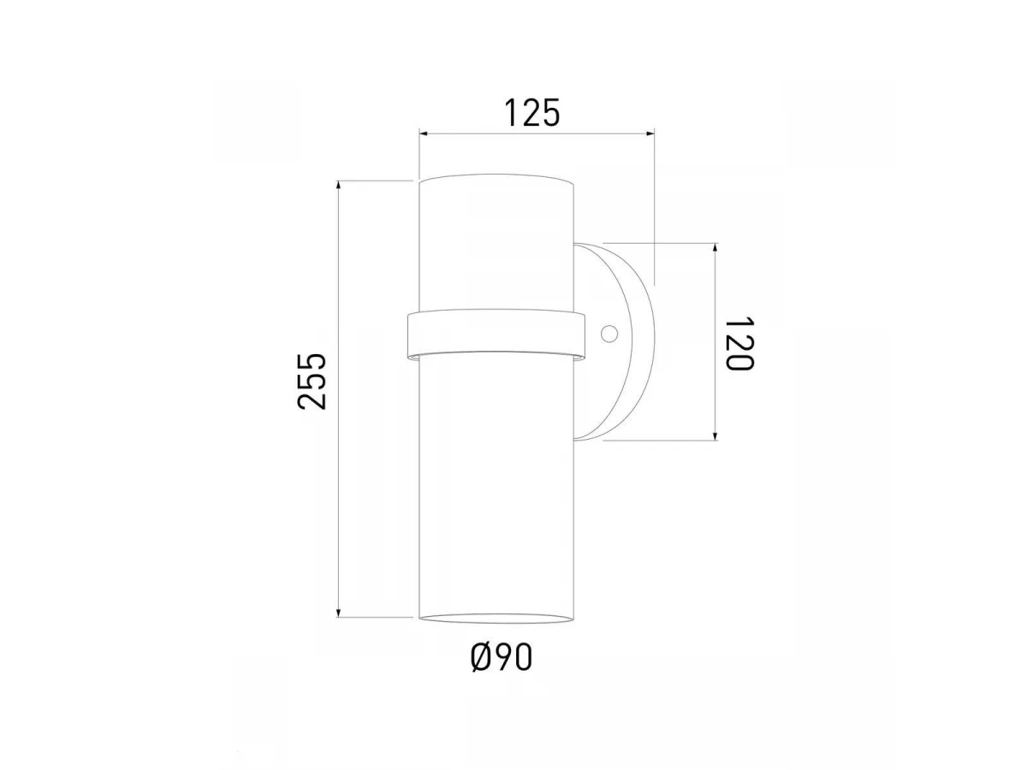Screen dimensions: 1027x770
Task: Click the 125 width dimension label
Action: pos(532,113)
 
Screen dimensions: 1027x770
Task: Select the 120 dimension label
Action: pos(739,343)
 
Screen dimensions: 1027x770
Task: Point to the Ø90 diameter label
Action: pos(502,658)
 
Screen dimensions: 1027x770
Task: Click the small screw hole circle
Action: pos(609,334)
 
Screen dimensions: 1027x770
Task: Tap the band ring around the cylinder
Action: pos(496,335)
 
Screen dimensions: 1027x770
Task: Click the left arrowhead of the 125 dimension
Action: pos(424,134)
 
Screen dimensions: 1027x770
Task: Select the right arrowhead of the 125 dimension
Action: pos(650,134)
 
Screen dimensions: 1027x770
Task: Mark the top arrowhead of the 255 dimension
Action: pos(338,185)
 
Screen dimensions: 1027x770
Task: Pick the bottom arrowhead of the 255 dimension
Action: pos(338,613)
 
